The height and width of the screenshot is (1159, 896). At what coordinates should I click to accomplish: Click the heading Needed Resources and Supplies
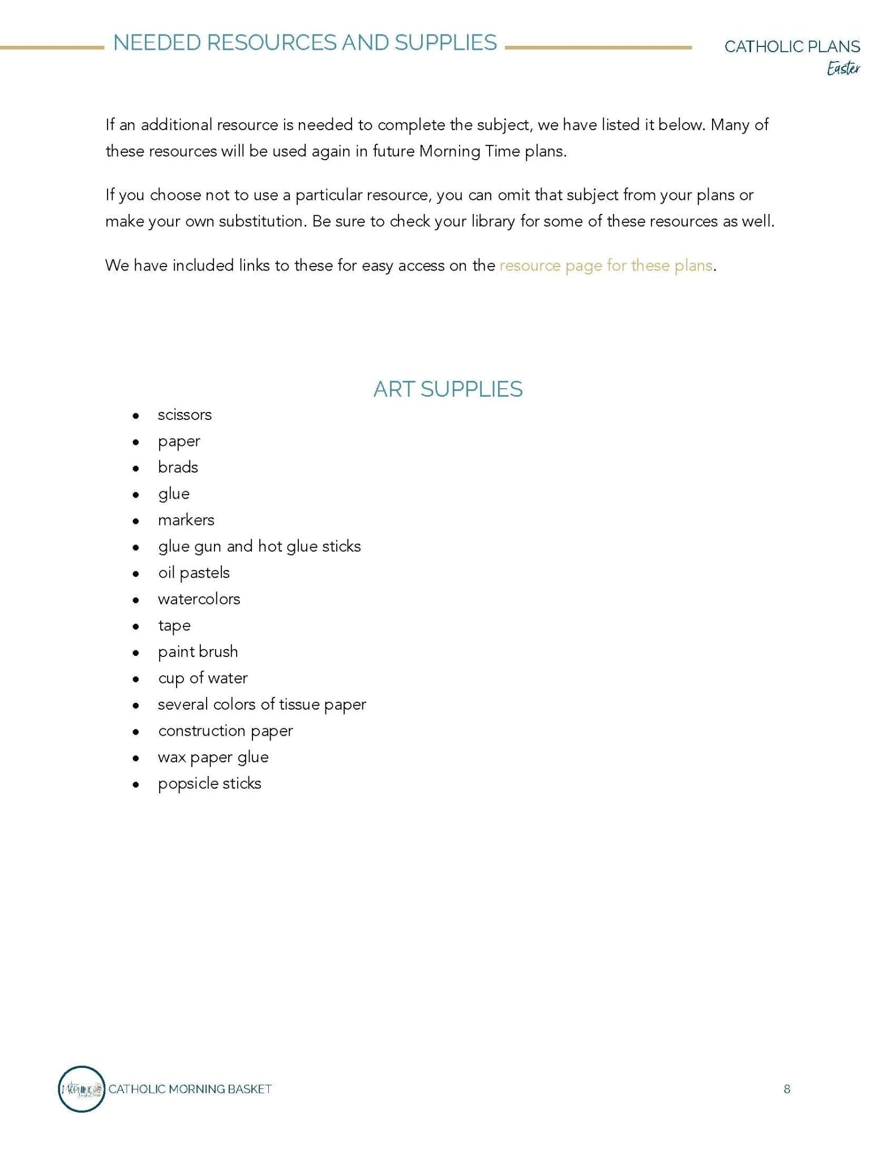(x=305, y=43)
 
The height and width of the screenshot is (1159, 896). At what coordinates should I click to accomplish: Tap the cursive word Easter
(x=843, y=69)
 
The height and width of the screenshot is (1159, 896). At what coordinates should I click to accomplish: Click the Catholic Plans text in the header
(x=792, y=46)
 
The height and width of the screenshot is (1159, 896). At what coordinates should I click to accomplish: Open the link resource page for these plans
(x=605, y=265)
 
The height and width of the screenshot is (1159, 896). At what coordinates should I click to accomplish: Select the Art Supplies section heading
(x=448, y=389)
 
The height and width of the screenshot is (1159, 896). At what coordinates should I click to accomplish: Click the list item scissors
(x=185, y=415)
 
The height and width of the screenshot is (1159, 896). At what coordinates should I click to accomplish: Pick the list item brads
(x=178, y=467)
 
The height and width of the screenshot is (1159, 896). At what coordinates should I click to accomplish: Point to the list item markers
(x=186, y=520)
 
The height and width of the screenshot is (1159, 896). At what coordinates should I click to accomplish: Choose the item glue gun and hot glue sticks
(x=259, y=547)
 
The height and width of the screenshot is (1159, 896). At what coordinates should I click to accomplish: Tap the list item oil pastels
(x=194, y=573)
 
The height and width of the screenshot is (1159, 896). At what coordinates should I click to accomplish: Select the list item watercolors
(x=199, y=599)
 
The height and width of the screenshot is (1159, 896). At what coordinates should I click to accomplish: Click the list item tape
(x=174, y=626)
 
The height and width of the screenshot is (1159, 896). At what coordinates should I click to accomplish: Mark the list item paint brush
(x=198, y=652)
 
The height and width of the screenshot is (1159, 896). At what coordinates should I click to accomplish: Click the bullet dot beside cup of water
(x=135, y=679)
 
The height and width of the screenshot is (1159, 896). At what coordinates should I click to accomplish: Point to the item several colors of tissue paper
(x=261, y=705)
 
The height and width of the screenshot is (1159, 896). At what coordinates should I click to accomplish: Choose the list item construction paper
(x=225, y=731)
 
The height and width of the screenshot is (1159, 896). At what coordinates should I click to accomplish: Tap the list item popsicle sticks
(x=209, y=784)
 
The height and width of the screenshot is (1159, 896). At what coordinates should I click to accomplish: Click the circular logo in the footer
(x=82, y=1088)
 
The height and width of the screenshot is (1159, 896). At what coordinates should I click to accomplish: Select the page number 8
(x=787, y=1089)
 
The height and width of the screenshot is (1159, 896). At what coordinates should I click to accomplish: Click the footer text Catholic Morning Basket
(x=190, y=1089)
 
